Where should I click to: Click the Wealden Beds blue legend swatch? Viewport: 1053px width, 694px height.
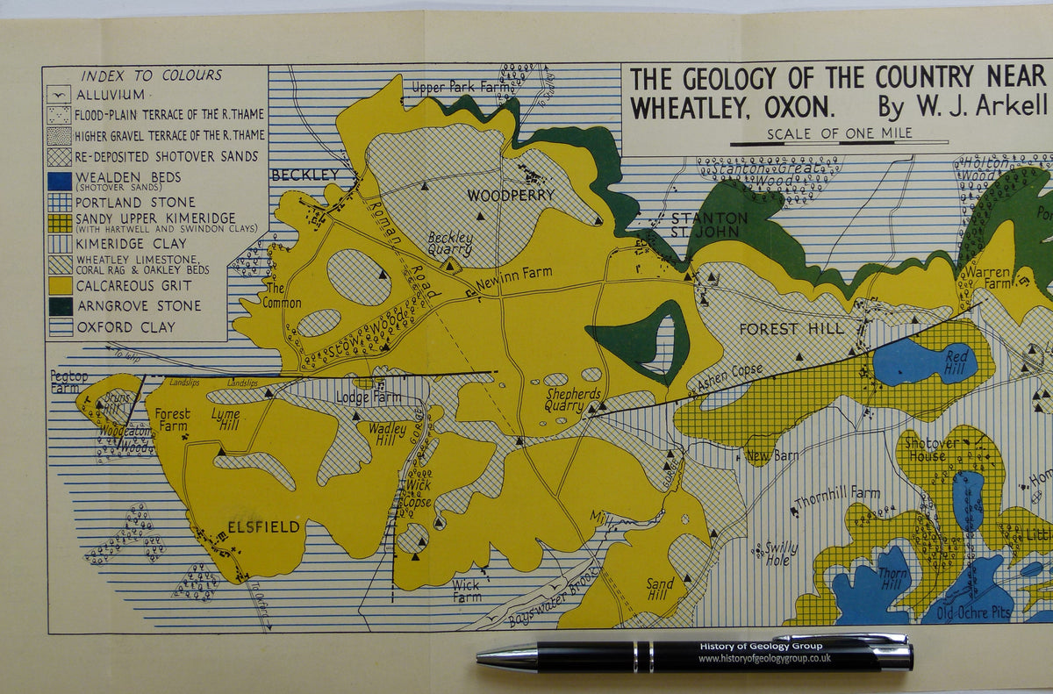(x=59, y=180)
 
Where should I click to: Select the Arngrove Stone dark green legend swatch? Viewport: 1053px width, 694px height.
(x=59, y=306)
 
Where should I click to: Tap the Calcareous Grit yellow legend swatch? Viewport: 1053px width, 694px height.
(x=59, y=285)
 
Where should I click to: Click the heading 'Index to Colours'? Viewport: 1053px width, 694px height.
(x=152, y=75)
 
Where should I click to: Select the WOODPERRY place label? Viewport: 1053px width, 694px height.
(x=510, y=195)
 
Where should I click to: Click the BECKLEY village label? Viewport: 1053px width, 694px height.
(x=304, y=175)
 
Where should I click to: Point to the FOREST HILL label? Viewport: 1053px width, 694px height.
(x=792, y=329)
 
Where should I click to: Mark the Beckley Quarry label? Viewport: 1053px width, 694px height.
(x=450, y=243)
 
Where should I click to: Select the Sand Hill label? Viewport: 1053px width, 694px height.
(x=660, y=589)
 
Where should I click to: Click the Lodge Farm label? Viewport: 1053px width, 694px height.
(x=369, y=397)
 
